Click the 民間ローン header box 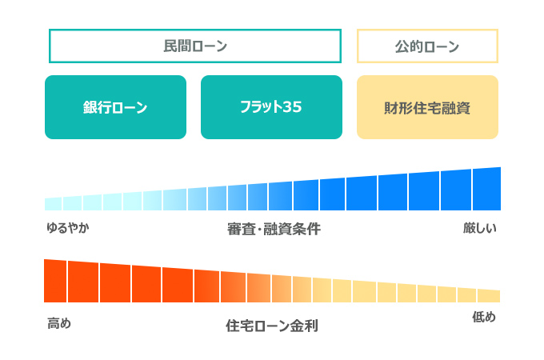coord(195,46)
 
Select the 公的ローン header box coord(427,46)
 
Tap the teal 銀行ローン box coord(115,107)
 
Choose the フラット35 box coord(270,107)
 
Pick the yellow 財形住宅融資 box coord(427,107)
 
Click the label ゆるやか coord(67,228)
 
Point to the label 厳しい coord(480,228)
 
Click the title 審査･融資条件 coord(274,229)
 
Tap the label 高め coord(59,323)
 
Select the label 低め coord(484,318)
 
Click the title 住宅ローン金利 coord(272,326)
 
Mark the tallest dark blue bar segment coord(486,190)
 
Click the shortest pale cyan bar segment coord(53,204)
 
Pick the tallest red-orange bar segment coord(55,281)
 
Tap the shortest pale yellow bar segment coord(489,295)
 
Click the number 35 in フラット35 coord(292,107)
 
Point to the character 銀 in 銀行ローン coord(90,107)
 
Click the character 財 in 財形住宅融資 coord(391,107)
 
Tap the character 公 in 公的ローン coord(402,46)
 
